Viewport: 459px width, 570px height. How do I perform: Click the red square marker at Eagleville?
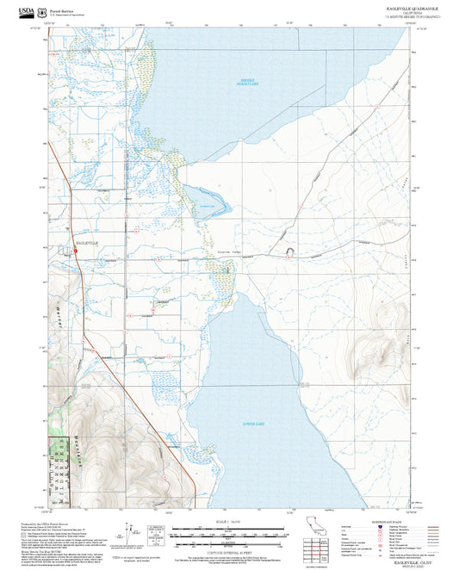point(76,251)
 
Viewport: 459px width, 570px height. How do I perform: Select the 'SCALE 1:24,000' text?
point(228,521)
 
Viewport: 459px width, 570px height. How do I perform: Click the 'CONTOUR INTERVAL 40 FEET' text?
point(228,551)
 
